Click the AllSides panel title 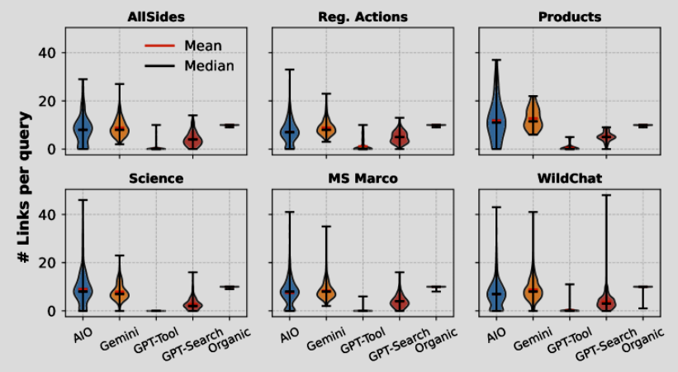[x=156, y=17]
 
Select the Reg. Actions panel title [x=363, y=17]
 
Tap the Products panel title [x=569, y=17]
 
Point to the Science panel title [x=156, y=179]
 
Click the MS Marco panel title [x=363, y=179]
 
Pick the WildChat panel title [x=569, y=179]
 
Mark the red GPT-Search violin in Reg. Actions [x=399, y=136]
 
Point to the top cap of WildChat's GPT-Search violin [x=607, y=195]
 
